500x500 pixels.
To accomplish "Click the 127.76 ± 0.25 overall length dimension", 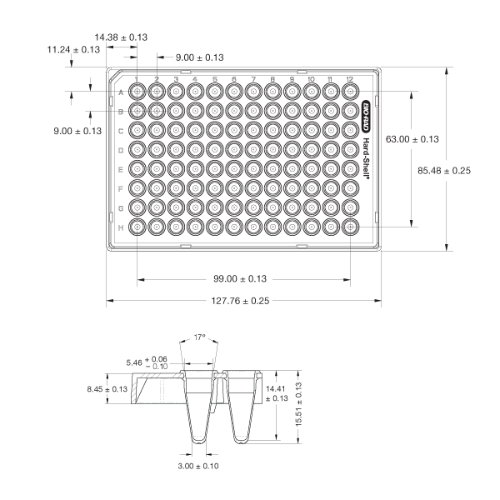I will (242, 301).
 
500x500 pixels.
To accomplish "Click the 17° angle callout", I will (198, 337).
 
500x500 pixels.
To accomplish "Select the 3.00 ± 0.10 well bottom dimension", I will (198, 466).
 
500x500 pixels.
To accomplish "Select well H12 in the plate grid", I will (351, 226).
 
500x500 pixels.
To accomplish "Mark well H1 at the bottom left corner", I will (137, 226).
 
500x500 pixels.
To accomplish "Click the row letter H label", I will (122, 226).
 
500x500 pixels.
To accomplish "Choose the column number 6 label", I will (234, 79).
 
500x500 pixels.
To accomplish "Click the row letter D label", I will (122, 149).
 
